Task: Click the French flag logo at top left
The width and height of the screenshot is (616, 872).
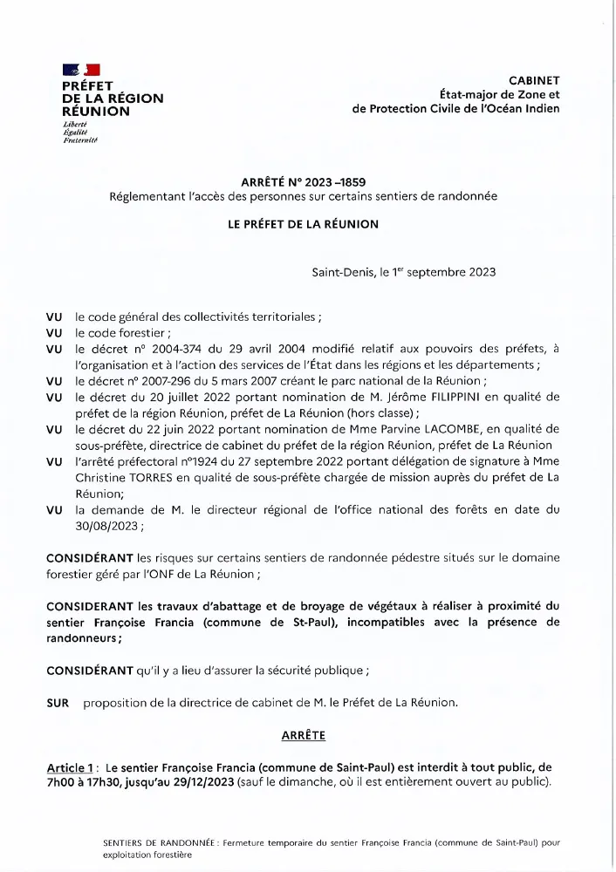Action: pyautogui.click(x=81, y=70)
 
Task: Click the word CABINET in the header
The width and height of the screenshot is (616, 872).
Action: pyautogui.click(x=534, y=79)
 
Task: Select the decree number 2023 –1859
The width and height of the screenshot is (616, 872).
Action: pyautogui.click(x=332, y=181)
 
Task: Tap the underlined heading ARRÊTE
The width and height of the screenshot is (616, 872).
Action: pyautogui.click(x=303, y=736)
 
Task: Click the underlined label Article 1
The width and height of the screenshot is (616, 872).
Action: pyautogui.click(x=71, y=767)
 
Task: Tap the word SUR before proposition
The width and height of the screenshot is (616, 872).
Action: pyautogui.click(x=58, y=703)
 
